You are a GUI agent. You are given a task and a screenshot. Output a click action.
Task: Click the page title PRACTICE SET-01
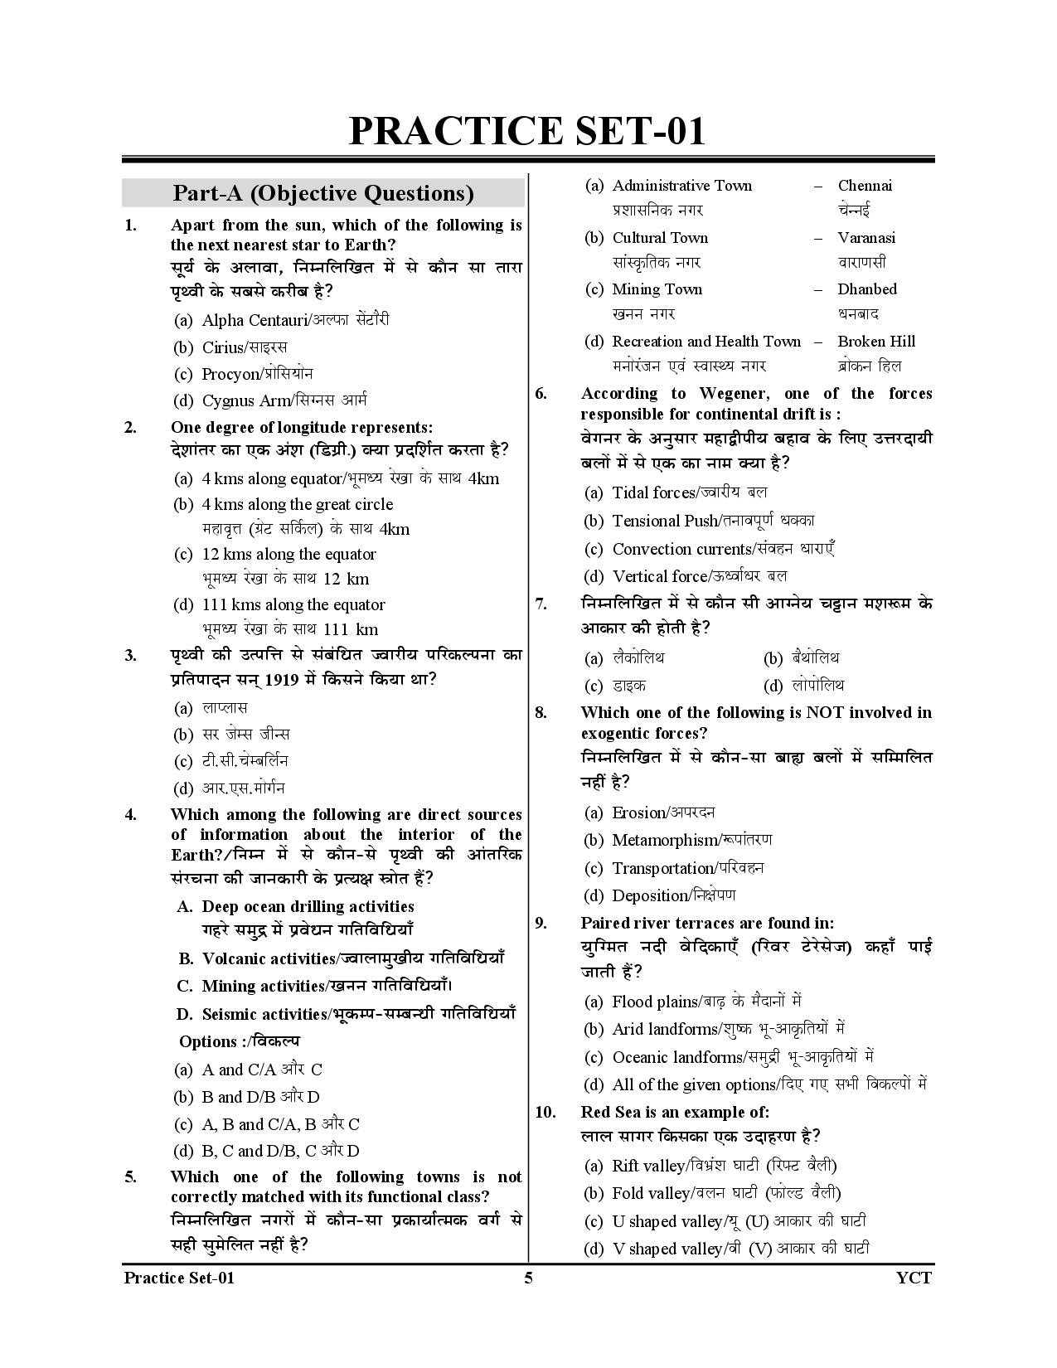[x=527, y=131]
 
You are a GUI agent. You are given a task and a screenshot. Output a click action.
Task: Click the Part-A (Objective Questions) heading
[x=323, y=193]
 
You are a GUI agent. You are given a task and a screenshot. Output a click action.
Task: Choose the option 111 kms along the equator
[x=293, y=604]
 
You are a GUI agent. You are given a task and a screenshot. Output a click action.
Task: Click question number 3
[x=130, y=656]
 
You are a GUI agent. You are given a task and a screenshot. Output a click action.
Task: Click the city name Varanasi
[x=866, y=238]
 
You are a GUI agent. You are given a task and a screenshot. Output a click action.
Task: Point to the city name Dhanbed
[x=867, y=289]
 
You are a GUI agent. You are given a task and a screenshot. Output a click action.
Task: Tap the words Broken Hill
[x=876, y=342]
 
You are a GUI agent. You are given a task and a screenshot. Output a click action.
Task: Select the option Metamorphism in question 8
[x=664, y=841]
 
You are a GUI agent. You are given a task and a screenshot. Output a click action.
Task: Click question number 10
[x=545, y=1112]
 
